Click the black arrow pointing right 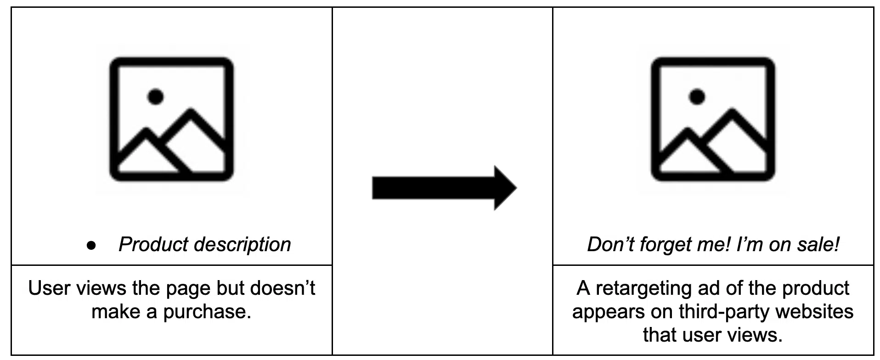(x=444, y=188)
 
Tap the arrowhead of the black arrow (x=505, y=188)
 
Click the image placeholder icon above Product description (x=171, y=119)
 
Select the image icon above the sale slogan (x=713, y=119)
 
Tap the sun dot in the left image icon (x=155, y=96)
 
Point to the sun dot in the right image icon (x=697, y=96)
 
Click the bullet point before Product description (x=91, y=246)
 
